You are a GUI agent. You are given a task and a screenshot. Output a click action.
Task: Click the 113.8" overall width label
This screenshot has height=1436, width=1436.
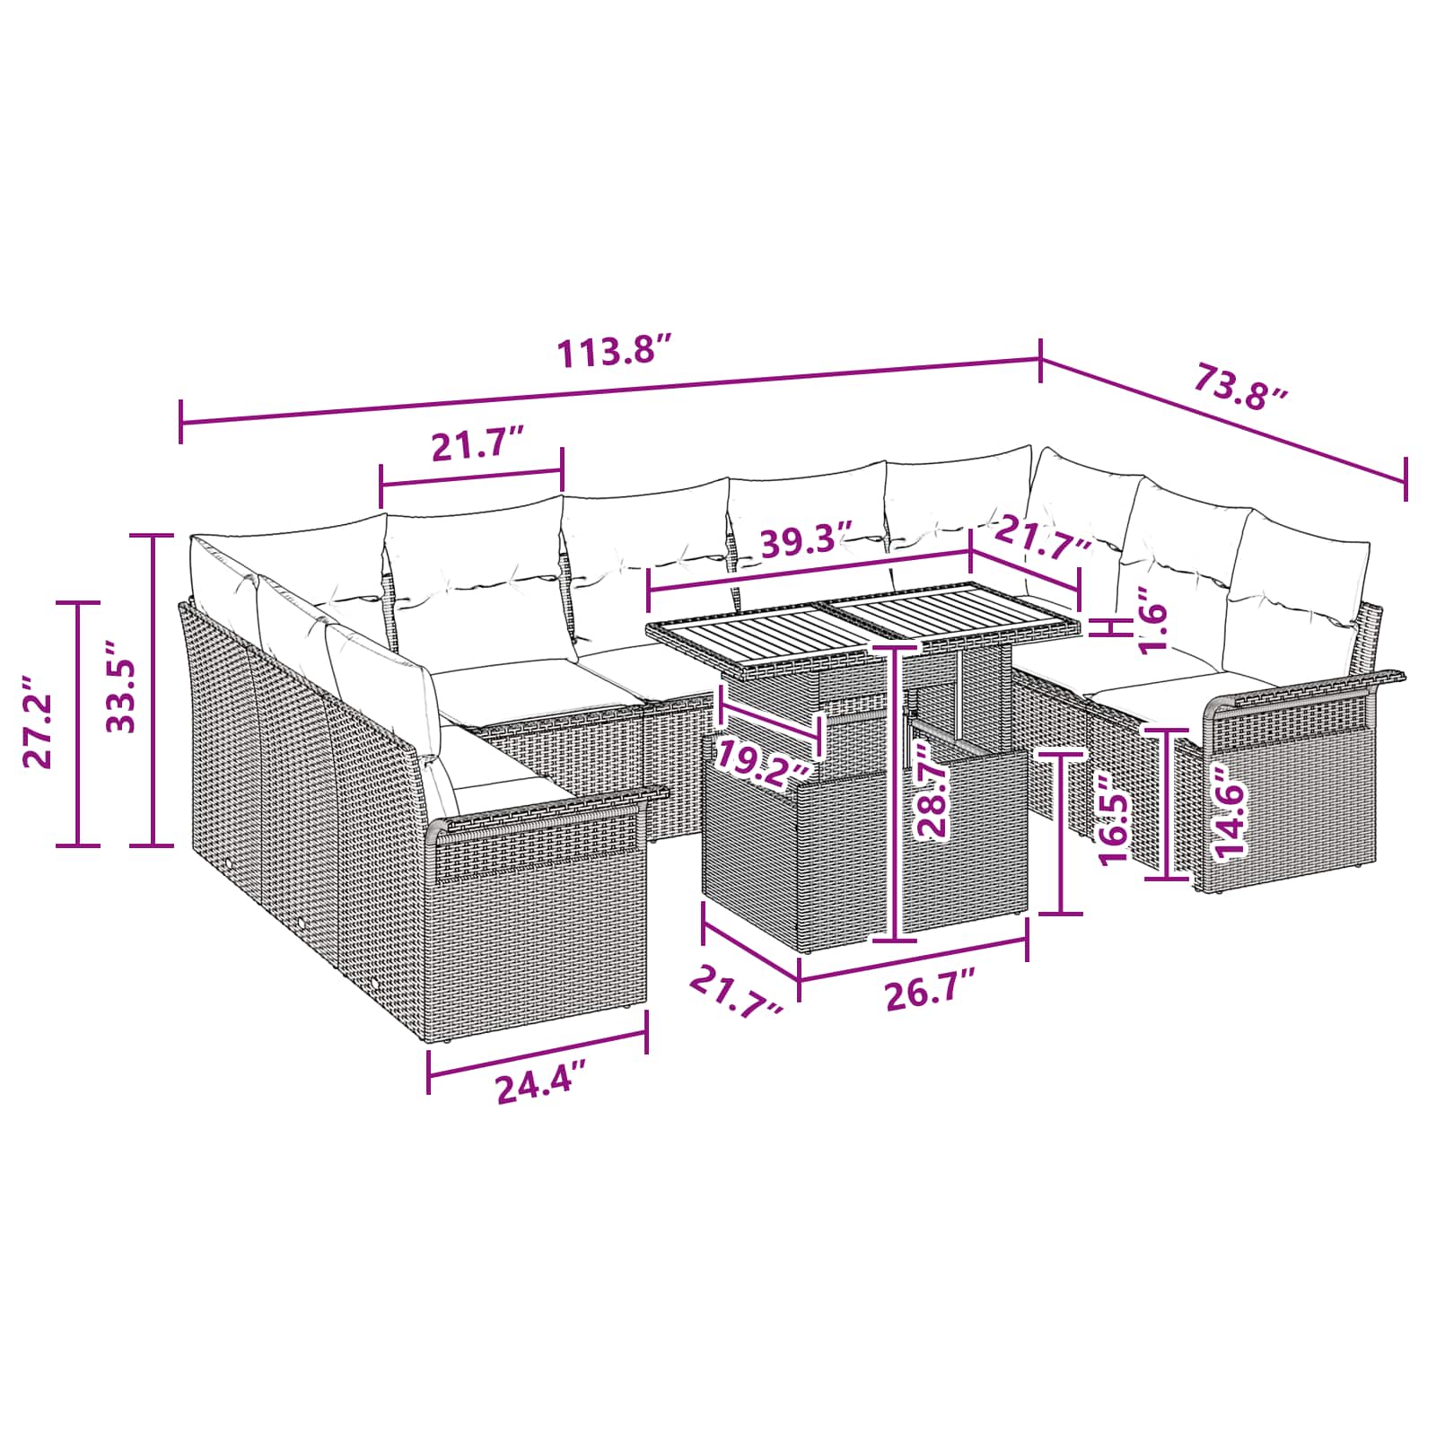614,350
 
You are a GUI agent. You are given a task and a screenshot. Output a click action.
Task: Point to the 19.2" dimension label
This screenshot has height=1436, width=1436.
764,766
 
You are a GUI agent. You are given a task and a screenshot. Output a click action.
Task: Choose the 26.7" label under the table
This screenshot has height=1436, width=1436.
930,994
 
